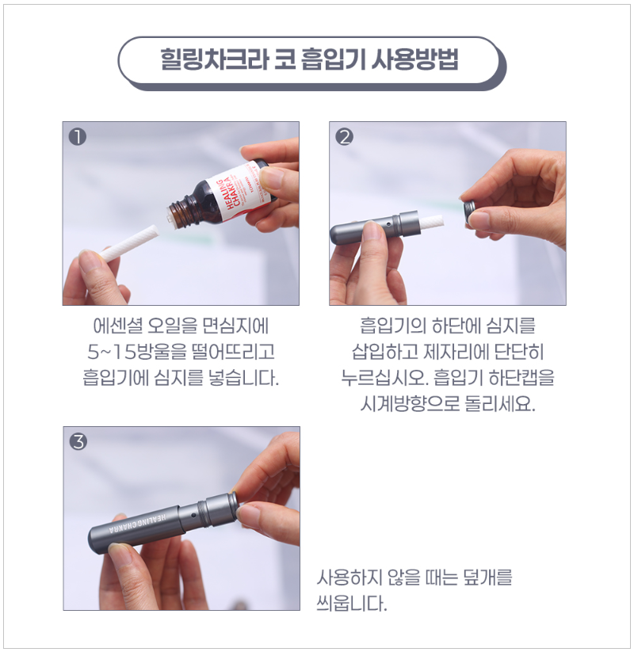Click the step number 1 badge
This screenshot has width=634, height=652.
[x=78, y=136]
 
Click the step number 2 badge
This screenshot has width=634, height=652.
[x=345, y=136]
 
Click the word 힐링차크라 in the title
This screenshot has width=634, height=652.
[x=201, y=61]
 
